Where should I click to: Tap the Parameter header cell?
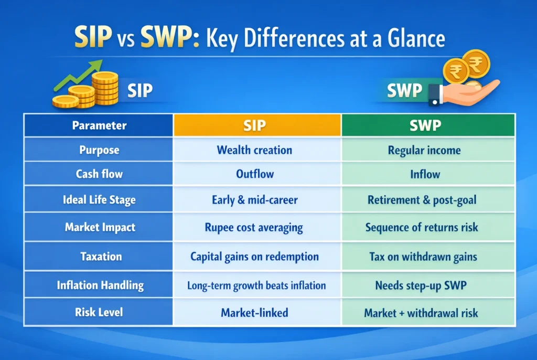(x=99, y=126)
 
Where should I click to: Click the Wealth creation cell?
(x=254, y=150)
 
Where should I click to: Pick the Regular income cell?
(x=424, y=150)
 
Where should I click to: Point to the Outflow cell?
(x=254, y=174)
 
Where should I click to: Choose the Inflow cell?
(x=424, y=174)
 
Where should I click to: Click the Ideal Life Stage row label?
(x=99, y=200)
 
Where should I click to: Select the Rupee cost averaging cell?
(x=254, y=227)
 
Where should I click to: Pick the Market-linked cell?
(x=254, y=313)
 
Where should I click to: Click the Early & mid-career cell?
(x=254, y=200)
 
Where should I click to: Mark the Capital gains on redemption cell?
(x=254, y=257)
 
